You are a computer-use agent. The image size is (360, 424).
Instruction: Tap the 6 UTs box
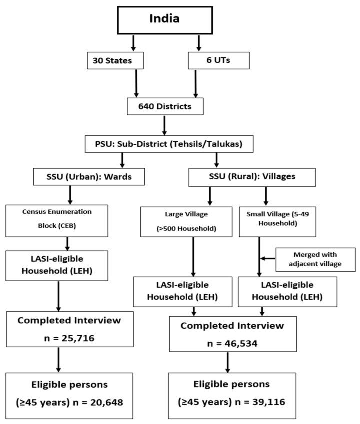point(211,61)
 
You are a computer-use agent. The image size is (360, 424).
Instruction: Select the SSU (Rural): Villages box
point(252,176)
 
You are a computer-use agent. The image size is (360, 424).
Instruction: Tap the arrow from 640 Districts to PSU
point(165,125)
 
